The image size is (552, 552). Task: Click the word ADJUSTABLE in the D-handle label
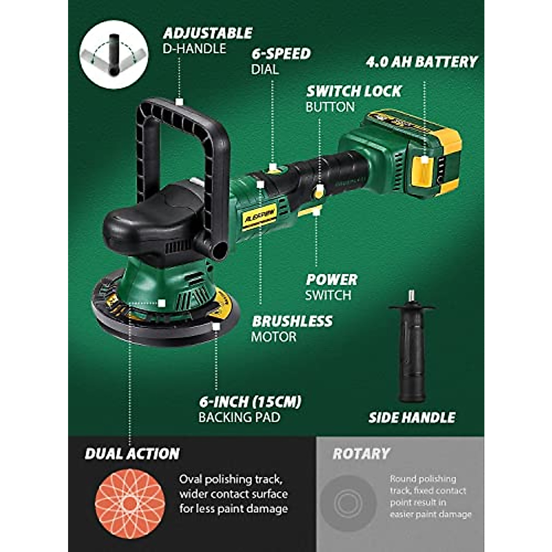tap(207, 33)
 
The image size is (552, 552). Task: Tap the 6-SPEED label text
tap(281, 53)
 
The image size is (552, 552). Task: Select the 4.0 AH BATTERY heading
tap(422, 62)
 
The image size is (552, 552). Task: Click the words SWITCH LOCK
tap(354, 91)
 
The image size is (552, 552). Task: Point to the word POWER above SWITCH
tap(332, 279)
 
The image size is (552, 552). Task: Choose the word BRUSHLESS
tap(292, 321)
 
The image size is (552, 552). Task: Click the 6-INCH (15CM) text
tap(250, 402)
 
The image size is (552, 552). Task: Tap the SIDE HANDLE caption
tap(412, 417)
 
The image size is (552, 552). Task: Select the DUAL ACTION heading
tap(132, 454)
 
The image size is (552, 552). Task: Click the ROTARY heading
tap(361, 454)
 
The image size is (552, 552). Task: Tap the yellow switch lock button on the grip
tap(319, 192)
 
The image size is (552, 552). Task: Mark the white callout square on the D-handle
tap(180, 101)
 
